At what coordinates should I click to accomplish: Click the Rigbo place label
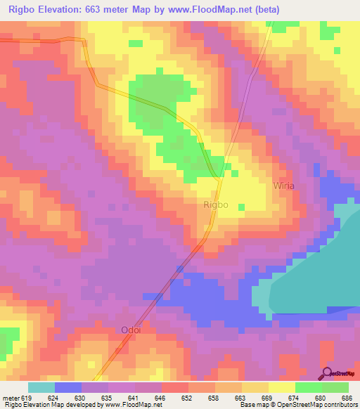coord(215,204)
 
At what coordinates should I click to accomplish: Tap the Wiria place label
coord(283,186)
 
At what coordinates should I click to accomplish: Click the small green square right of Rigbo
coord(241,207)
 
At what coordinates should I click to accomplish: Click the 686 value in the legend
coord(346,397)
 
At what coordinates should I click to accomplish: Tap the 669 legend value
coord(266,397)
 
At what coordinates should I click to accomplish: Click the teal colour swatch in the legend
coord(41,387)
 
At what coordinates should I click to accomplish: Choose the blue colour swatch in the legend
coord(68,387)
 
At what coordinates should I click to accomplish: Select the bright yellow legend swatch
coord(282,387)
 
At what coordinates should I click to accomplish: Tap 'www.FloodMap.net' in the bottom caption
coord(132,405)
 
